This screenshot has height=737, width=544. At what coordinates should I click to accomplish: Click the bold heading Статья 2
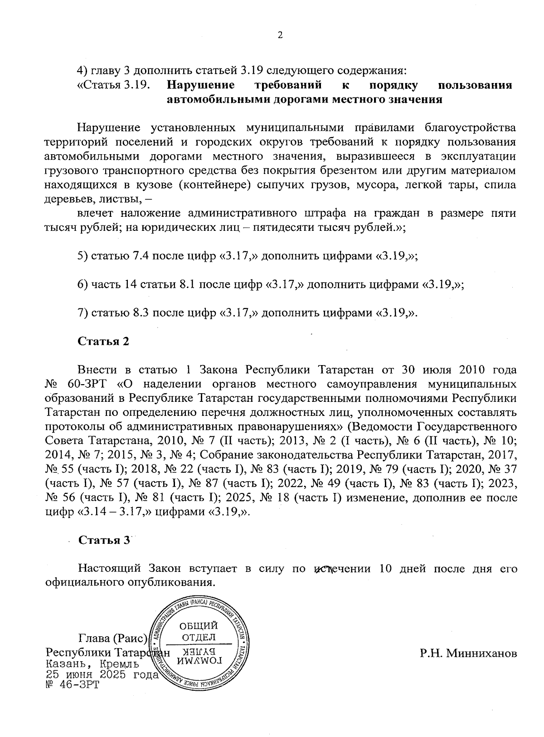click(104, 341)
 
